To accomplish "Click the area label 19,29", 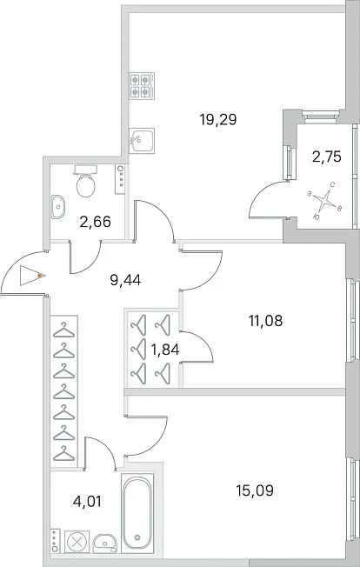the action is tap(218, 119).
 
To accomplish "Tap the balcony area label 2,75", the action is tap(327, 157).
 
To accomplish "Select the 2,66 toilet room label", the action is tap(95, 221).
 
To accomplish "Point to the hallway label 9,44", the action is tap(125, 279).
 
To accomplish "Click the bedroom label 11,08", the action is tap(266, 320).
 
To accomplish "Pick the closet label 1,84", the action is tap(165, 350).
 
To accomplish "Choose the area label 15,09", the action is tap(255, 490).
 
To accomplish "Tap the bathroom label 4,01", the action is tap(86, 502).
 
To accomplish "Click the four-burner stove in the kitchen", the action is tap(142, 86).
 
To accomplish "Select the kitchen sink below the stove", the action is tap(142, 140).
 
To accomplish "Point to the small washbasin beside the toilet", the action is tap(58, 207).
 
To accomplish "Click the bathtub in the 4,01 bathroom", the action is tap(137, 513).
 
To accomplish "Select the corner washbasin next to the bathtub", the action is tap(105, 544).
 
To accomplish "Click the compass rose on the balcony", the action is tap(325, 201).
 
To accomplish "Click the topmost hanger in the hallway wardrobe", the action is tap(64, 330).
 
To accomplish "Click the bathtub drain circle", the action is tap(137, 537).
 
